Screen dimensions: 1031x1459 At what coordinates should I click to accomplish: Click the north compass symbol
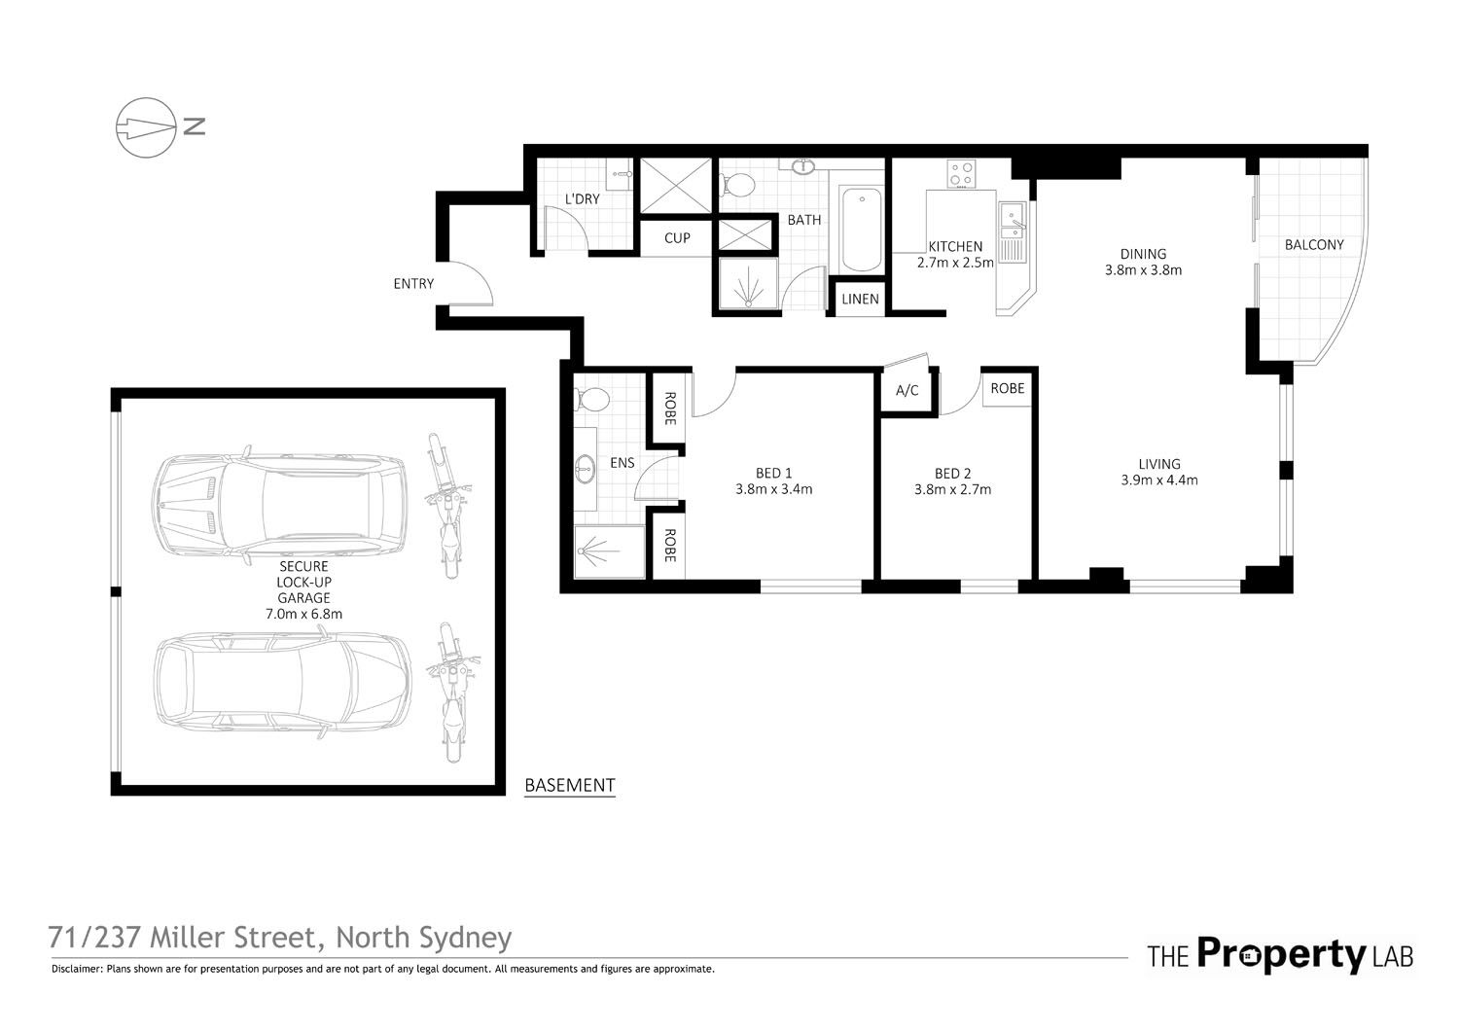tap(146, 126)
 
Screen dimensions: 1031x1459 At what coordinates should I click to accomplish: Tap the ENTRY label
tap(413, 284)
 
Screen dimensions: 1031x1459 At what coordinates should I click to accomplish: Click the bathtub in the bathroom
tap(860, 231)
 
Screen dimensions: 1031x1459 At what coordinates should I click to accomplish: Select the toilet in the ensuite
tap(591, 399)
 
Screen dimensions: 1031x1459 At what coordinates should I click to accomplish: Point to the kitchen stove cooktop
tap(962, 175)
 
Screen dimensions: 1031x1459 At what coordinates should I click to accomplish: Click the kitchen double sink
tap(1014, 233)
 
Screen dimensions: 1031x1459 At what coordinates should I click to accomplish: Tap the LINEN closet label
tap(860, 299)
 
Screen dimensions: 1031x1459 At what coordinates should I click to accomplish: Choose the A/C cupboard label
tap(907, 391)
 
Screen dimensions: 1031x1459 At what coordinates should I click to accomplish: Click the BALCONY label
tap(1313, 245)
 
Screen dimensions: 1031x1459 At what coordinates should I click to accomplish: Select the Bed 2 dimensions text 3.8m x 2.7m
tap(952, 490)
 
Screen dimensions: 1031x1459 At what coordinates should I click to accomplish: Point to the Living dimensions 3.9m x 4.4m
tap(1159, 480)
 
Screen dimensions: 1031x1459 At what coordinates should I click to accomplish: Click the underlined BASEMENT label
tap(569, 785)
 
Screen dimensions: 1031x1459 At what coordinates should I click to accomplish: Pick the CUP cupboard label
tap(677, 238)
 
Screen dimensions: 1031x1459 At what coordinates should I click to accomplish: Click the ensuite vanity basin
tap(586, 470)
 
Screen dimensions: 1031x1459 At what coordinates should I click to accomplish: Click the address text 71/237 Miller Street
tap(185, 938)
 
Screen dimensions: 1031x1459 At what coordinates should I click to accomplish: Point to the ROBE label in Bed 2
tap(1007, 388)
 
